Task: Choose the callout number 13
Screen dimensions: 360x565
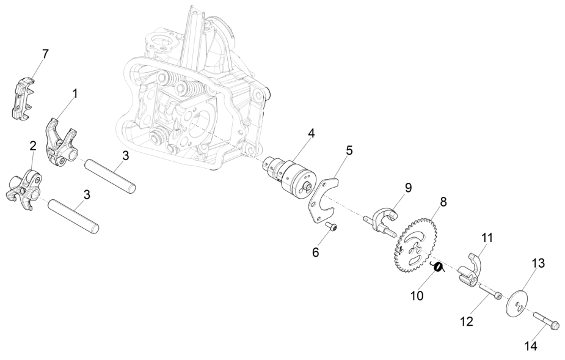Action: point(538,263)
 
